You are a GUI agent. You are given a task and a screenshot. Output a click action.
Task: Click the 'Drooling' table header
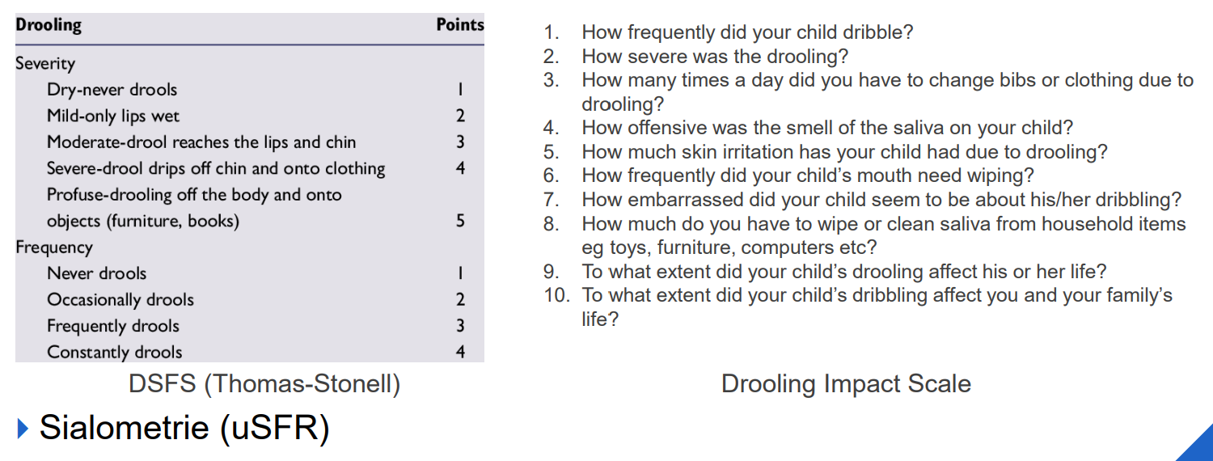coord(49,25)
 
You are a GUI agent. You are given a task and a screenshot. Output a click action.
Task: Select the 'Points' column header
coord(459,24)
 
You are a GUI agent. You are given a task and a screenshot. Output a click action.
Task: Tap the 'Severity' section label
coord(45,63)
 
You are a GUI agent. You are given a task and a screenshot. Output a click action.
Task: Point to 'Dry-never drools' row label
coord(112,90)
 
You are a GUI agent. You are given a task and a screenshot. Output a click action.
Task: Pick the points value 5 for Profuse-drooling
coord(460,220)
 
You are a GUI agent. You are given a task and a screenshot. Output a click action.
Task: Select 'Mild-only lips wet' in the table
coord(113,116)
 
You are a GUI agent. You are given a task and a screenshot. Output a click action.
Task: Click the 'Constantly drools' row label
coord(115,353)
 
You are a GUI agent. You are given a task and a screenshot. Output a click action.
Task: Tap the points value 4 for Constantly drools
coord(460,352)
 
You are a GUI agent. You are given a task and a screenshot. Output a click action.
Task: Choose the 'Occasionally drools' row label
coord(120,300)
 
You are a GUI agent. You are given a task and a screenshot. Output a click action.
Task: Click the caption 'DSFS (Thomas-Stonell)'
coord(264,383)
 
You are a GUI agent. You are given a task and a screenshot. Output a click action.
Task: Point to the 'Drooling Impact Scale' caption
coord(846,383)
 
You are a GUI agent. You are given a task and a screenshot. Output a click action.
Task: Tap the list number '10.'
coord(556,295)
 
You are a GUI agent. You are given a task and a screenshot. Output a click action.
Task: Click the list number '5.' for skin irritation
coord(552,152)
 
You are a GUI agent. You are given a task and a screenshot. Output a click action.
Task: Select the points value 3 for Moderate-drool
coord(460,142)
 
